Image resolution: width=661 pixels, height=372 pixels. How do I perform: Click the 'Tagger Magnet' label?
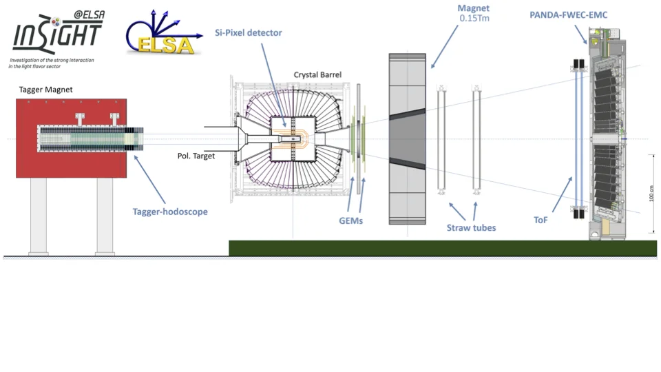point(44,90)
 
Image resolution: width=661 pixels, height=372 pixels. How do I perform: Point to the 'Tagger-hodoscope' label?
point(170,211)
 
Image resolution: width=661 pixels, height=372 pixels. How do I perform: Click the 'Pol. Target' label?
point(196,156)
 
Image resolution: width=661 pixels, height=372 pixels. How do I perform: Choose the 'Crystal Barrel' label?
point(317,74)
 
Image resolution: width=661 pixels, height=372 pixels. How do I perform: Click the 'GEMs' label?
point(350,220)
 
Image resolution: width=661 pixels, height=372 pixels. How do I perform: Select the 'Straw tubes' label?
point(471,227)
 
